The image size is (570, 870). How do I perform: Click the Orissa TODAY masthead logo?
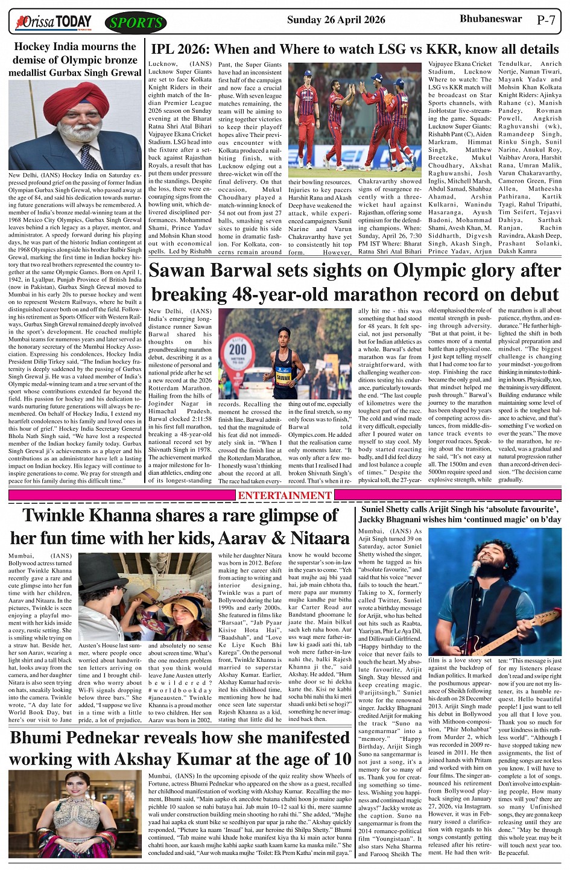(x=54, y=23)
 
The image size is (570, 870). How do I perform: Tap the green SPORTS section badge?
(x=136, y=24)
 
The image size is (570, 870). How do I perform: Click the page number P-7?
(x=546, y=20)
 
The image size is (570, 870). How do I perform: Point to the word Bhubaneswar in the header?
(x=490, y=19)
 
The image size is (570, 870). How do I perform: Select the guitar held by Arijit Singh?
(x=513, y=630)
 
